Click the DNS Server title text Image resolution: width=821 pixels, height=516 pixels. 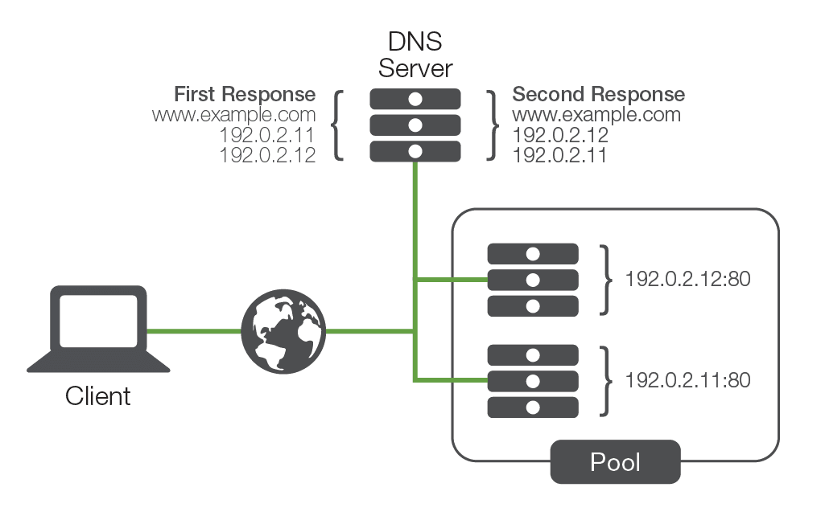point(415,54)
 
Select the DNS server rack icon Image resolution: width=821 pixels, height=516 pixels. point(415,125)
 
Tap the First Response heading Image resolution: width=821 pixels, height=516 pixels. point(245,95)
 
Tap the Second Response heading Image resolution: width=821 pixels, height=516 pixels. point(599,95)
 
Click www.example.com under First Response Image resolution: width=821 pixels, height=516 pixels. point(233,115)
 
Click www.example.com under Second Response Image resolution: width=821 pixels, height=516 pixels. point(596,115)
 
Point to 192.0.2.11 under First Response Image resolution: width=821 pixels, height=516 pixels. point(267,135)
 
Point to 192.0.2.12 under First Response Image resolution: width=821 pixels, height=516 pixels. point(267,154)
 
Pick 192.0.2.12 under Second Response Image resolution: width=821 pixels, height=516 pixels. point(560,135)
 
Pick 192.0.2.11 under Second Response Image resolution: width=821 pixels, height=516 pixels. point(560,154)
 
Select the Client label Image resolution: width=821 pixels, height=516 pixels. point(98,395)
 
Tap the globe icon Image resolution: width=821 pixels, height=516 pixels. point(284,330)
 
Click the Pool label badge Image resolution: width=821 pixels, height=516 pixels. point(615,462)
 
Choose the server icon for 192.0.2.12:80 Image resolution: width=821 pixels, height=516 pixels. point(533,280)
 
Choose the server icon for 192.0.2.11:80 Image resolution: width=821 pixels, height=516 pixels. point(533,381)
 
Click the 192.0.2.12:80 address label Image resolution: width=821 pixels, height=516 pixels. point(688,280)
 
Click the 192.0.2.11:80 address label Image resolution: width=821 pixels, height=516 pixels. point(688,380)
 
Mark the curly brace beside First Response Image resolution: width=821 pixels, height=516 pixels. point(339,125)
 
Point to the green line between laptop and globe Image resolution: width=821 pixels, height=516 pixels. point(193,330)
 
